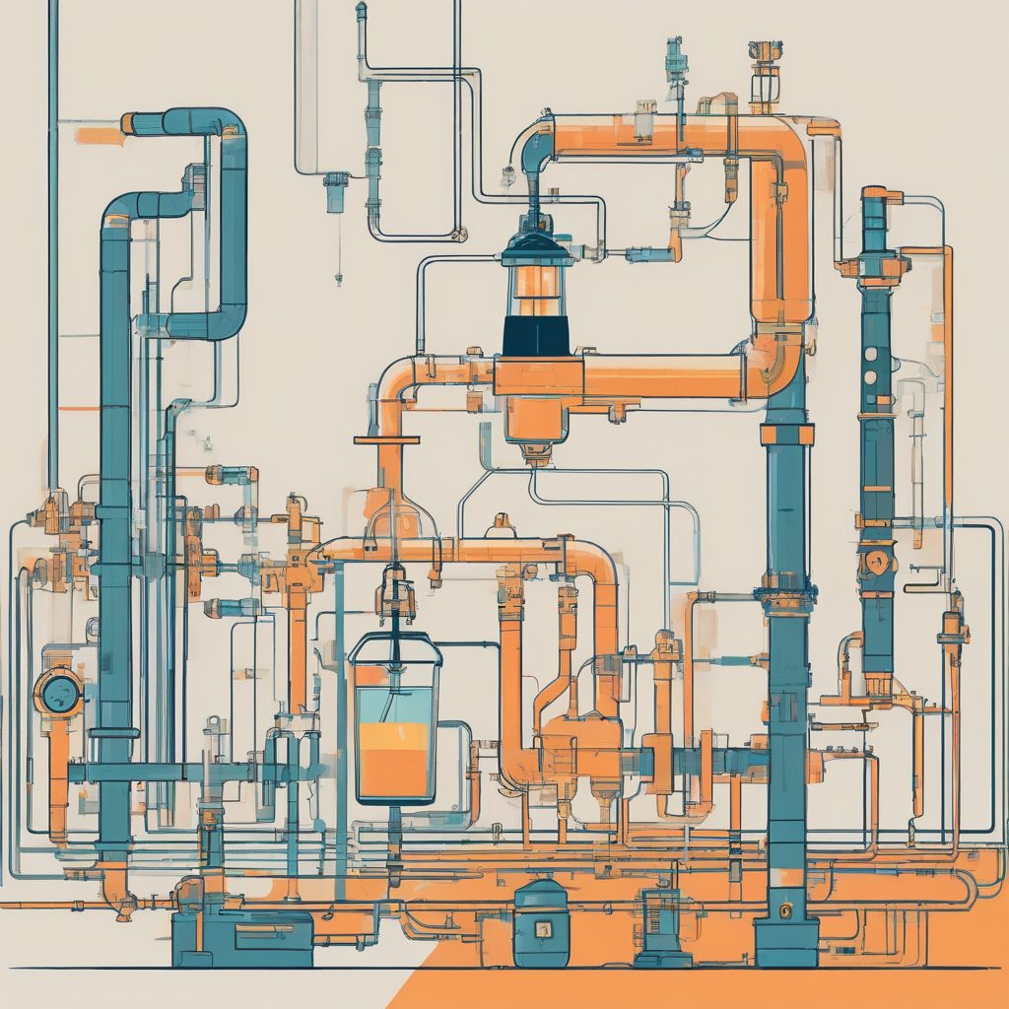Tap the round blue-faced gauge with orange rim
coord(58,693)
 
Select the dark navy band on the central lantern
coord(536,335)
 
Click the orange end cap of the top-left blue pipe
coord(128,124)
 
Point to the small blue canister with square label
coord(541,923)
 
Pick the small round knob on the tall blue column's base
coord(785,911)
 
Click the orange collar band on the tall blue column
coord(786,435)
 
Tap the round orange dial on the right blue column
coord(876,563)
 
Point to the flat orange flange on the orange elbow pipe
coord(386,439)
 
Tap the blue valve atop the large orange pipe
coord(676,59)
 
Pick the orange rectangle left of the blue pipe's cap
coord(99,136)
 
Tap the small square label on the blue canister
coord(541,927)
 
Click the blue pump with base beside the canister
coord(661,926)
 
